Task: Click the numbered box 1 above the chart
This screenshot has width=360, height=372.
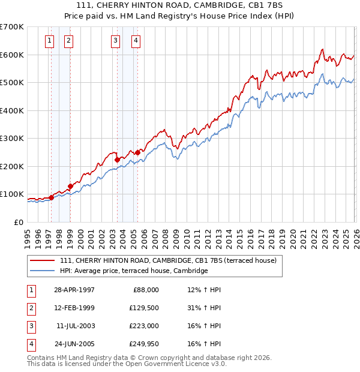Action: pos(49,41)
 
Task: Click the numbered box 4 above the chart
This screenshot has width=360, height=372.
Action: pos(136,41)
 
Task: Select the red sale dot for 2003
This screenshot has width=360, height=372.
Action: pos(117,160)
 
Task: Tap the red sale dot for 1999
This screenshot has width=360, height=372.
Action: pos(70,186)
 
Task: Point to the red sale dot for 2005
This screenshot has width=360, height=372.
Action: pos(137,152)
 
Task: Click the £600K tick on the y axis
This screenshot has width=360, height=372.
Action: pos(12,55)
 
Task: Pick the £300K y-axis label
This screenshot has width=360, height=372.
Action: pos(12,138)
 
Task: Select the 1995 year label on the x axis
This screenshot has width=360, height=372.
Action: pos(27,237)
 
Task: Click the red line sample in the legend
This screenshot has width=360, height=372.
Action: pos(42,260)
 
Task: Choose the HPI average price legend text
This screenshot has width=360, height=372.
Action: pos(134,271)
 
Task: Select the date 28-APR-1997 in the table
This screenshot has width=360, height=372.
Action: pos(74,290)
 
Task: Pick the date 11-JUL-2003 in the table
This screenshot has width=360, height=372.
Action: pos(74,326)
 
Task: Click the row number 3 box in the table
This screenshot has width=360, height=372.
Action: pos(29,326)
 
